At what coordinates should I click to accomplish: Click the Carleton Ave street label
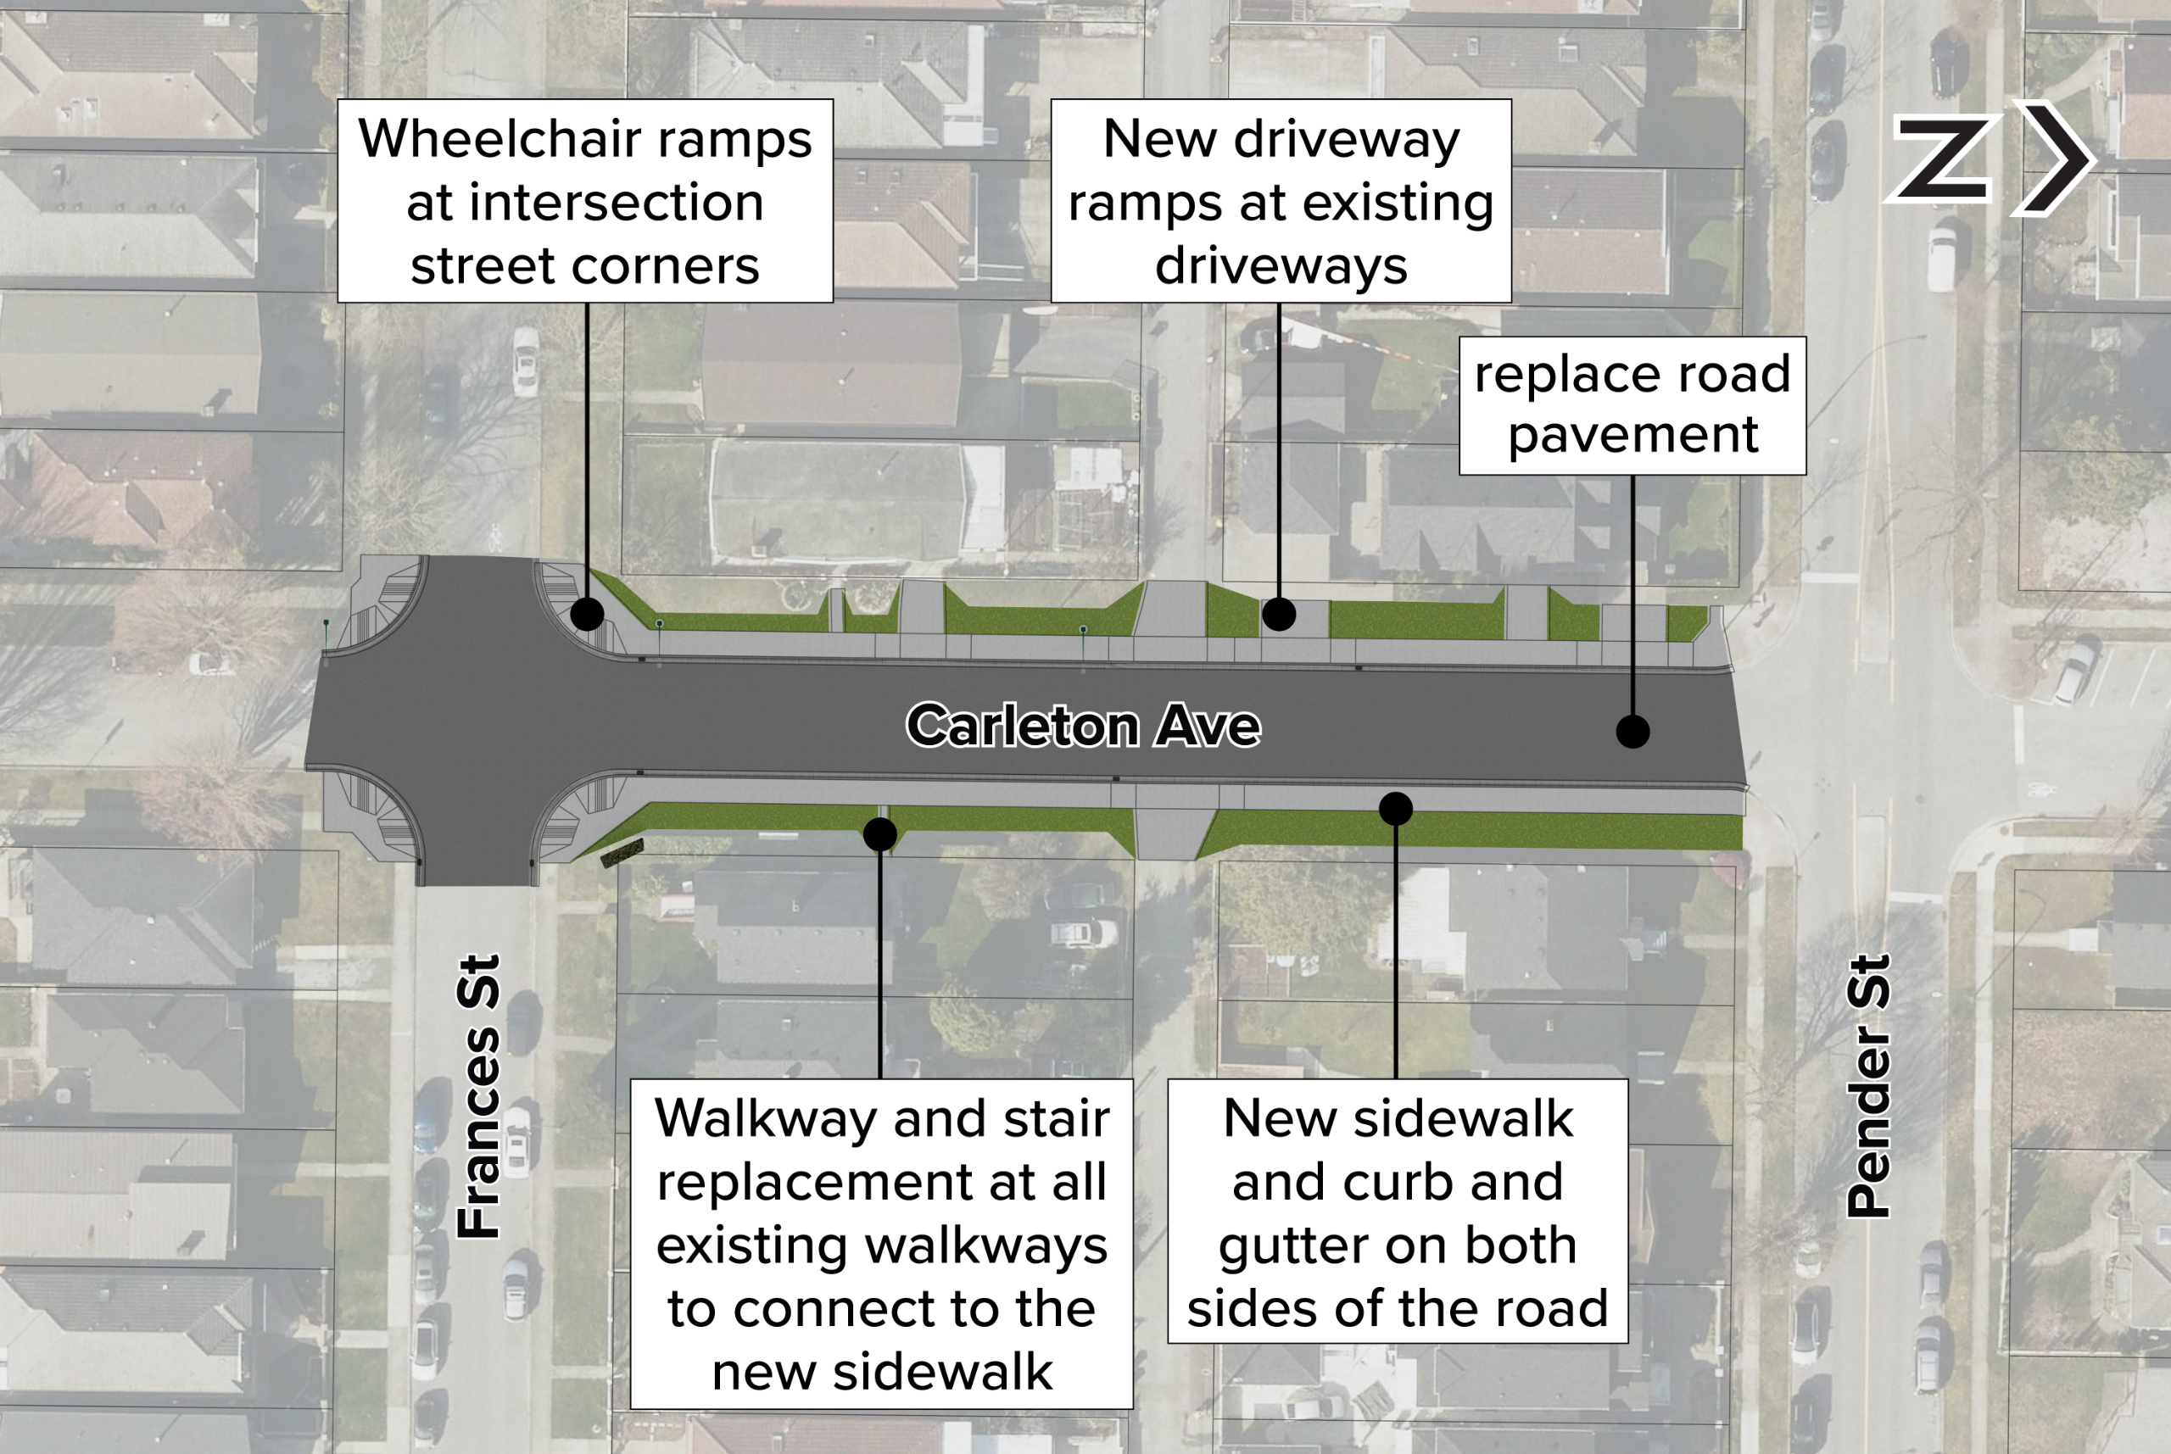(x=1083, y=725)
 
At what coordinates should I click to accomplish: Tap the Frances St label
(x=479, y=1096)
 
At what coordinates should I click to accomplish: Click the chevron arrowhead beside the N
(x=2054, y=158)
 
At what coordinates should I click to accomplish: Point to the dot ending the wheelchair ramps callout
(x=587, y=614)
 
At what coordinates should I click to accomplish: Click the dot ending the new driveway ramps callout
(x=1279, y=614)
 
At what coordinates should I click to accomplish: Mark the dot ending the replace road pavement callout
(x=1632, y=732)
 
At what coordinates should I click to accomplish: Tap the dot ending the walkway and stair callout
(x=879, y=834)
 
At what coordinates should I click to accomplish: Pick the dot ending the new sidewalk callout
(x=1396, y=809)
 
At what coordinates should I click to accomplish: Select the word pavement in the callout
(x=1632, y=434)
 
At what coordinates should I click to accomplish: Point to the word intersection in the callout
(x=616, y=203)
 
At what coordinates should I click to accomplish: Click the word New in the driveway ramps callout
(x=1159, y=139)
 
